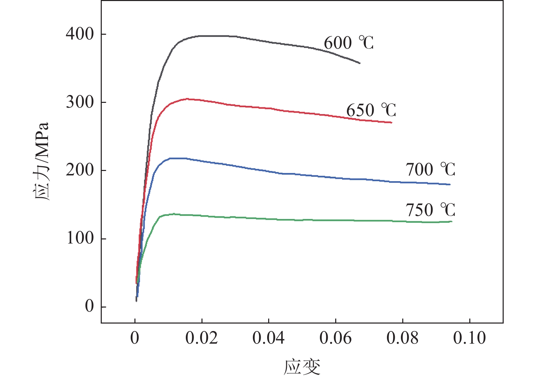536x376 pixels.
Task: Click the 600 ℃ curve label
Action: [x=348, y=43]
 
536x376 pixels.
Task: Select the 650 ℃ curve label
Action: [x=371, y=110]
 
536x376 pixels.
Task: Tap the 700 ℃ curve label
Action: [x=430, y=169]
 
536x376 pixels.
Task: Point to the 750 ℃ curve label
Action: [x=430, y=210]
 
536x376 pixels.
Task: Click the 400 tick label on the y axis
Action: [x=80, y=34]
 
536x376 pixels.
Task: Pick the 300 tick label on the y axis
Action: [x=80, y=102]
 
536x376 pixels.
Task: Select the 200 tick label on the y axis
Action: [x=80, y=170]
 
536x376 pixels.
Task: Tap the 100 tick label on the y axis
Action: [x=80, y=238]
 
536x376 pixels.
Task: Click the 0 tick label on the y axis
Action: [x=89, y=307]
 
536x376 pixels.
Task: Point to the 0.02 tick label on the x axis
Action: [x=201, y=338]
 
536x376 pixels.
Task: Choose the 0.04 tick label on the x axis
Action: [x=269, y=338]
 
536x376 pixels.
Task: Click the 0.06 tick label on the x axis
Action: [x=336, y=338]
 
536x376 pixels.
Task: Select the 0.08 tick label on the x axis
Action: [x=402, y=338]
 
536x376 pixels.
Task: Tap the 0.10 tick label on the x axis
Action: [x=469, y=338]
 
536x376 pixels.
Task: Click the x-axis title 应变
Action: [x=302, y=366]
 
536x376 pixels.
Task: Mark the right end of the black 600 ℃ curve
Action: [x=360, y=63]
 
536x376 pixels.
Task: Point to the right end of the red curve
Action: [x=392, y=123]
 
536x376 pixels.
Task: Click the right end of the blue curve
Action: [x=450, y=185]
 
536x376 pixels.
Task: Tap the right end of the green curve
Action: [x=452, y=222]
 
